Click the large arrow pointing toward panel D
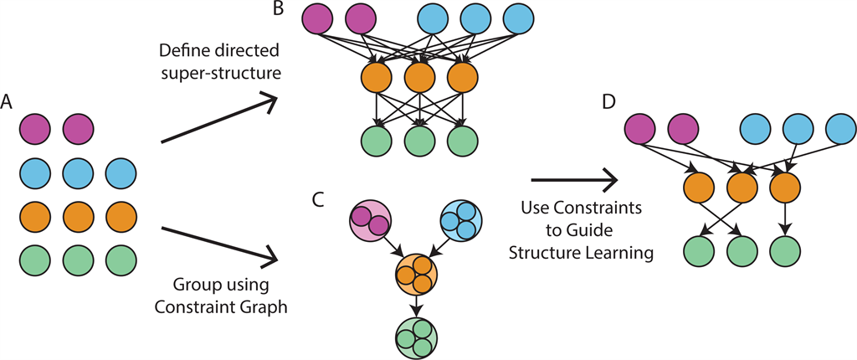pos(574,178)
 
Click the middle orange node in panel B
pos(418,79)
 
